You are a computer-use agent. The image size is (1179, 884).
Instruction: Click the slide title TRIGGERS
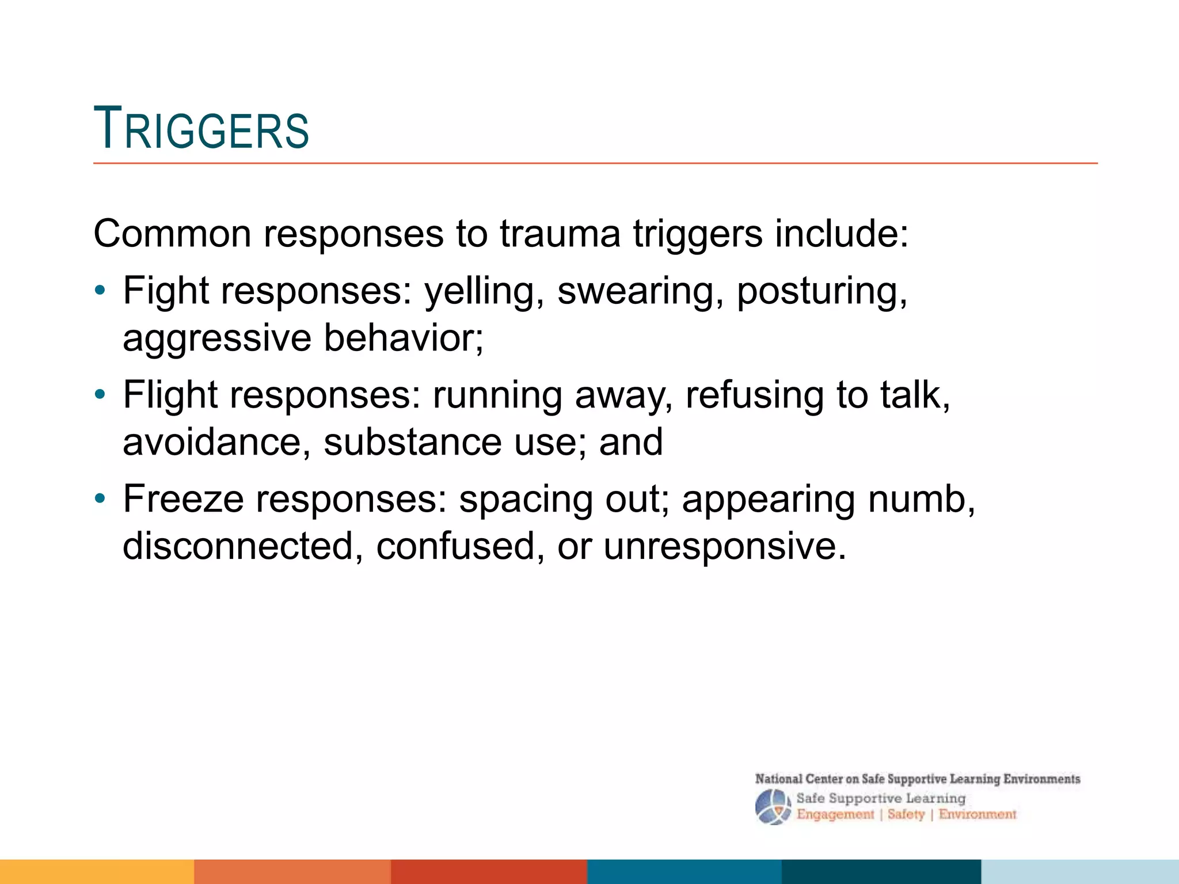[201, 129]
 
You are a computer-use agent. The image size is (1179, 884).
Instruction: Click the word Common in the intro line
[172, 234]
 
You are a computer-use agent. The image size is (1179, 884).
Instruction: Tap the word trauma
[560, 234]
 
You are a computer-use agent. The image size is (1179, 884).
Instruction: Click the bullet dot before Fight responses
[100, 291]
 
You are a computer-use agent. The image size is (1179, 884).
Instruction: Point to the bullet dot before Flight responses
[100, 395]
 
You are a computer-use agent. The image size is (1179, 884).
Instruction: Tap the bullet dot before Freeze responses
[100, 499]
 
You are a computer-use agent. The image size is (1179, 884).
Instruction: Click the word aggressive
[216, 338]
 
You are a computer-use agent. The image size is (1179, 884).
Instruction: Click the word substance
[412, 442]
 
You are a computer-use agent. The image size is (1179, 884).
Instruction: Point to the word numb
[921, 499]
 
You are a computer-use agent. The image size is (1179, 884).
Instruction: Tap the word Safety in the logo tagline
[906, 814]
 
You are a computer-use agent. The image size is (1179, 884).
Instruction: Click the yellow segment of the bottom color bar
[97, 871]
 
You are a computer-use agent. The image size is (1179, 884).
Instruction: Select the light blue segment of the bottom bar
[1080, 871]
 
